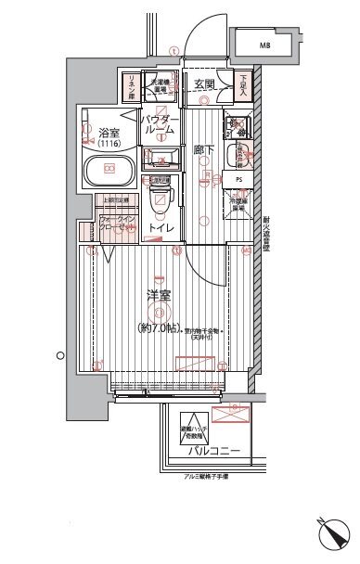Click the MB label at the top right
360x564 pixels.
click(264, 45)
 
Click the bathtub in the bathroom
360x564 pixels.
click(109, 170)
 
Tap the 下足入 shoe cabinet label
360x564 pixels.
click(242, 86)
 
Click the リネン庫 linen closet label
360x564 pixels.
click(131, 86)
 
